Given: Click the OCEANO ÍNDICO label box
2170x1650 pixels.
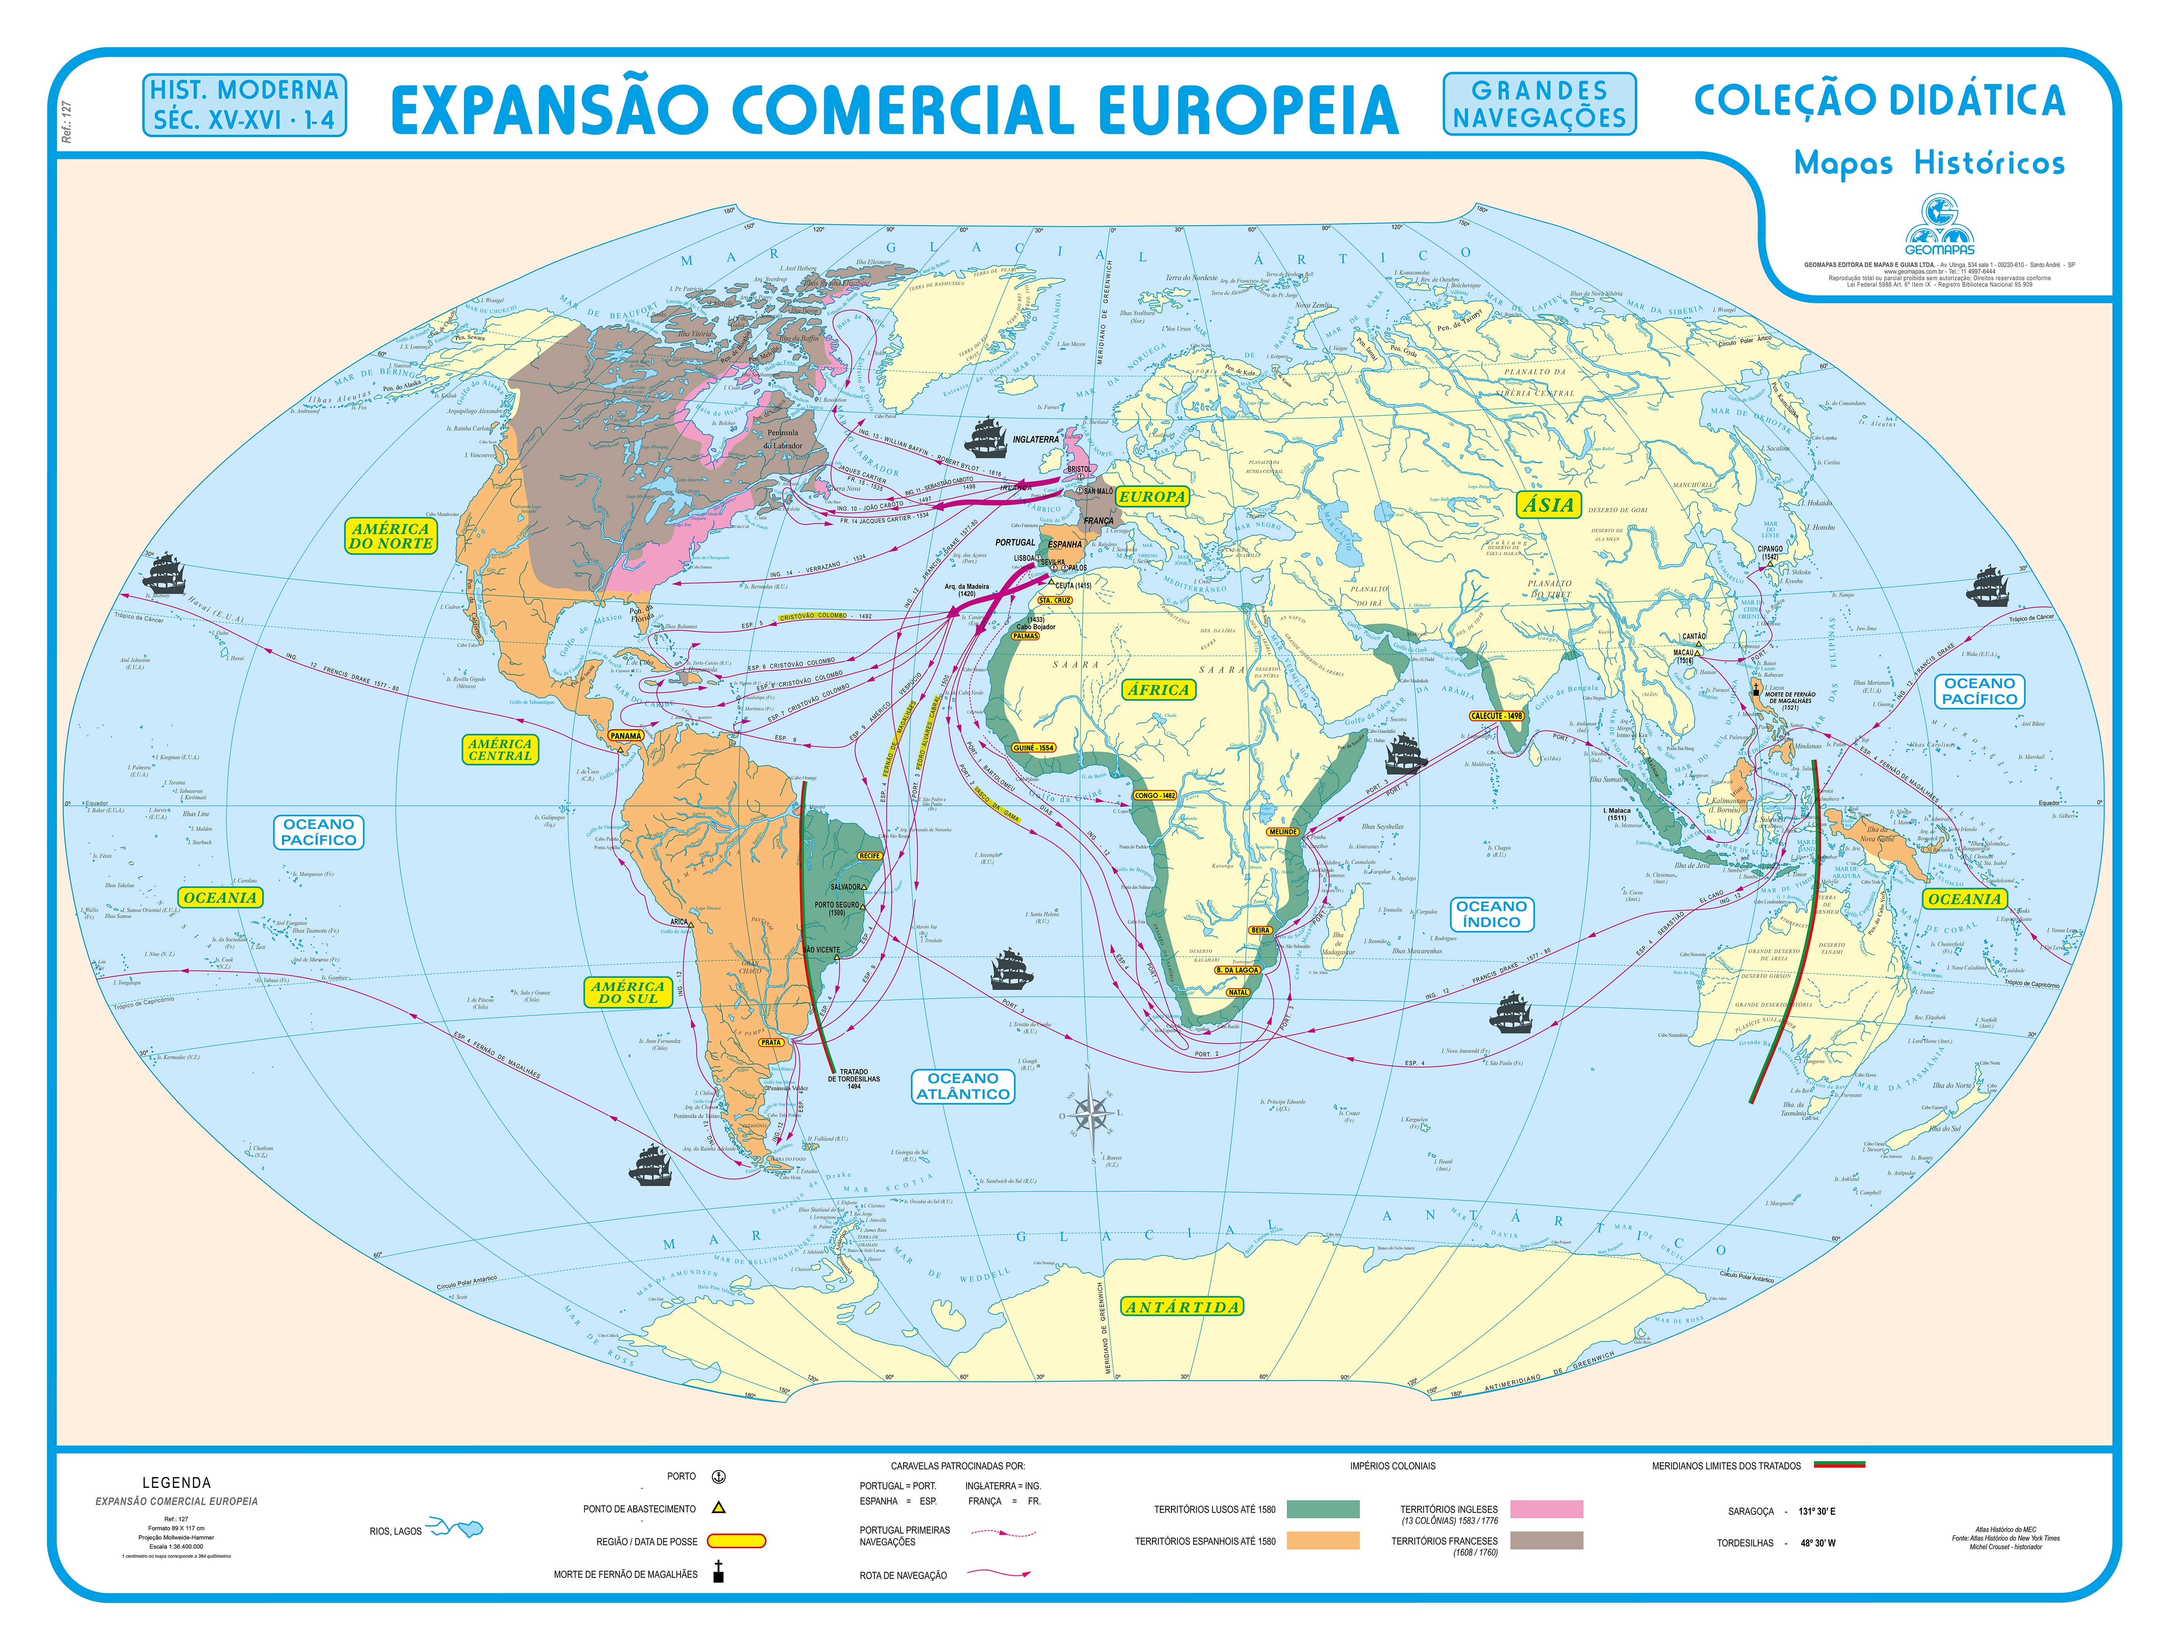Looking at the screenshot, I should (x=1491, y=915).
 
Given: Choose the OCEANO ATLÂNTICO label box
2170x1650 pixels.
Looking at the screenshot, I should (x=963, y=1086).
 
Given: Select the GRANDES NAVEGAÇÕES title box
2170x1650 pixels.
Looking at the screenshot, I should (x=1540, y=104).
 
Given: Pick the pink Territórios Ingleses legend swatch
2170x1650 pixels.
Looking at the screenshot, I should (x=1546, y=1510).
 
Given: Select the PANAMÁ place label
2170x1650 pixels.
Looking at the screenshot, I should (x=626, y=735).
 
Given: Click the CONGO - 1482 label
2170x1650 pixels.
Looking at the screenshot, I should (x=1154, y=795).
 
